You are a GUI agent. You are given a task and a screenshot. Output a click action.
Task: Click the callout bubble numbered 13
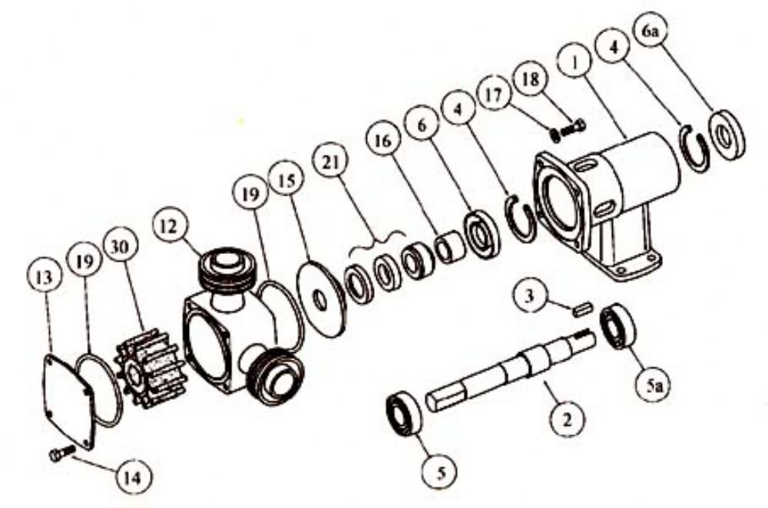point(44,278)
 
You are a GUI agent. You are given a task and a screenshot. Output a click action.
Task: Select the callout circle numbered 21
point(331,161)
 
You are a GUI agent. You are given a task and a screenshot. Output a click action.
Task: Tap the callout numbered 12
point(169,226)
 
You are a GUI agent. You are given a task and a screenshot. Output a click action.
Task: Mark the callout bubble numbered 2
point(568,420)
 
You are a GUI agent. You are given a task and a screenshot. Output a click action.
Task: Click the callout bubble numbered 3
point(529,296)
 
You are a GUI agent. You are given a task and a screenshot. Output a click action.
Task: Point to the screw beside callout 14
point(62,453)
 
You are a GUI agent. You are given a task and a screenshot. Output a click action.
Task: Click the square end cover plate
point(68,401)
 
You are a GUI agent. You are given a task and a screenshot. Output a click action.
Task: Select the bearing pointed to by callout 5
point(405,413)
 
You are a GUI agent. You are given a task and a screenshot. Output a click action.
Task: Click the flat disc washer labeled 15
point(322,299)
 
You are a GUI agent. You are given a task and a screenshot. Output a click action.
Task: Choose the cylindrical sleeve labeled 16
point(449,246)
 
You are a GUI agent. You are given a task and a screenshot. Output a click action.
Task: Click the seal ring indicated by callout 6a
point(727,136)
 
